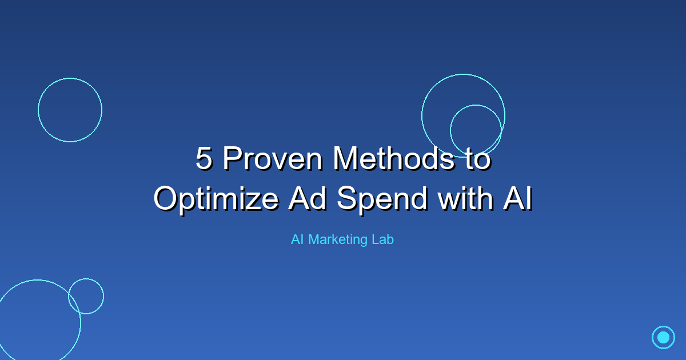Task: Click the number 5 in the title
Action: tap(204, 159)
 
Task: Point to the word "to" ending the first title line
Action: tap(476, 159)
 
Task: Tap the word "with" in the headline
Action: tap(463, 198)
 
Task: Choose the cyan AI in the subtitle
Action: tap(297, 240)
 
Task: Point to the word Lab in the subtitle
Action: tap(382, 240)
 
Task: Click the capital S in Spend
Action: tap(347, 198)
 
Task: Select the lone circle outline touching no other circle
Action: tap(70, 110)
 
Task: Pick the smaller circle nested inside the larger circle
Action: tap(476, 130)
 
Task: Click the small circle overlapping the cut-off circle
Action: tap(86, 296)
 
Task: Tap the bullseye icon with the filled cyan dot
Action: tap(663, 337)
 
